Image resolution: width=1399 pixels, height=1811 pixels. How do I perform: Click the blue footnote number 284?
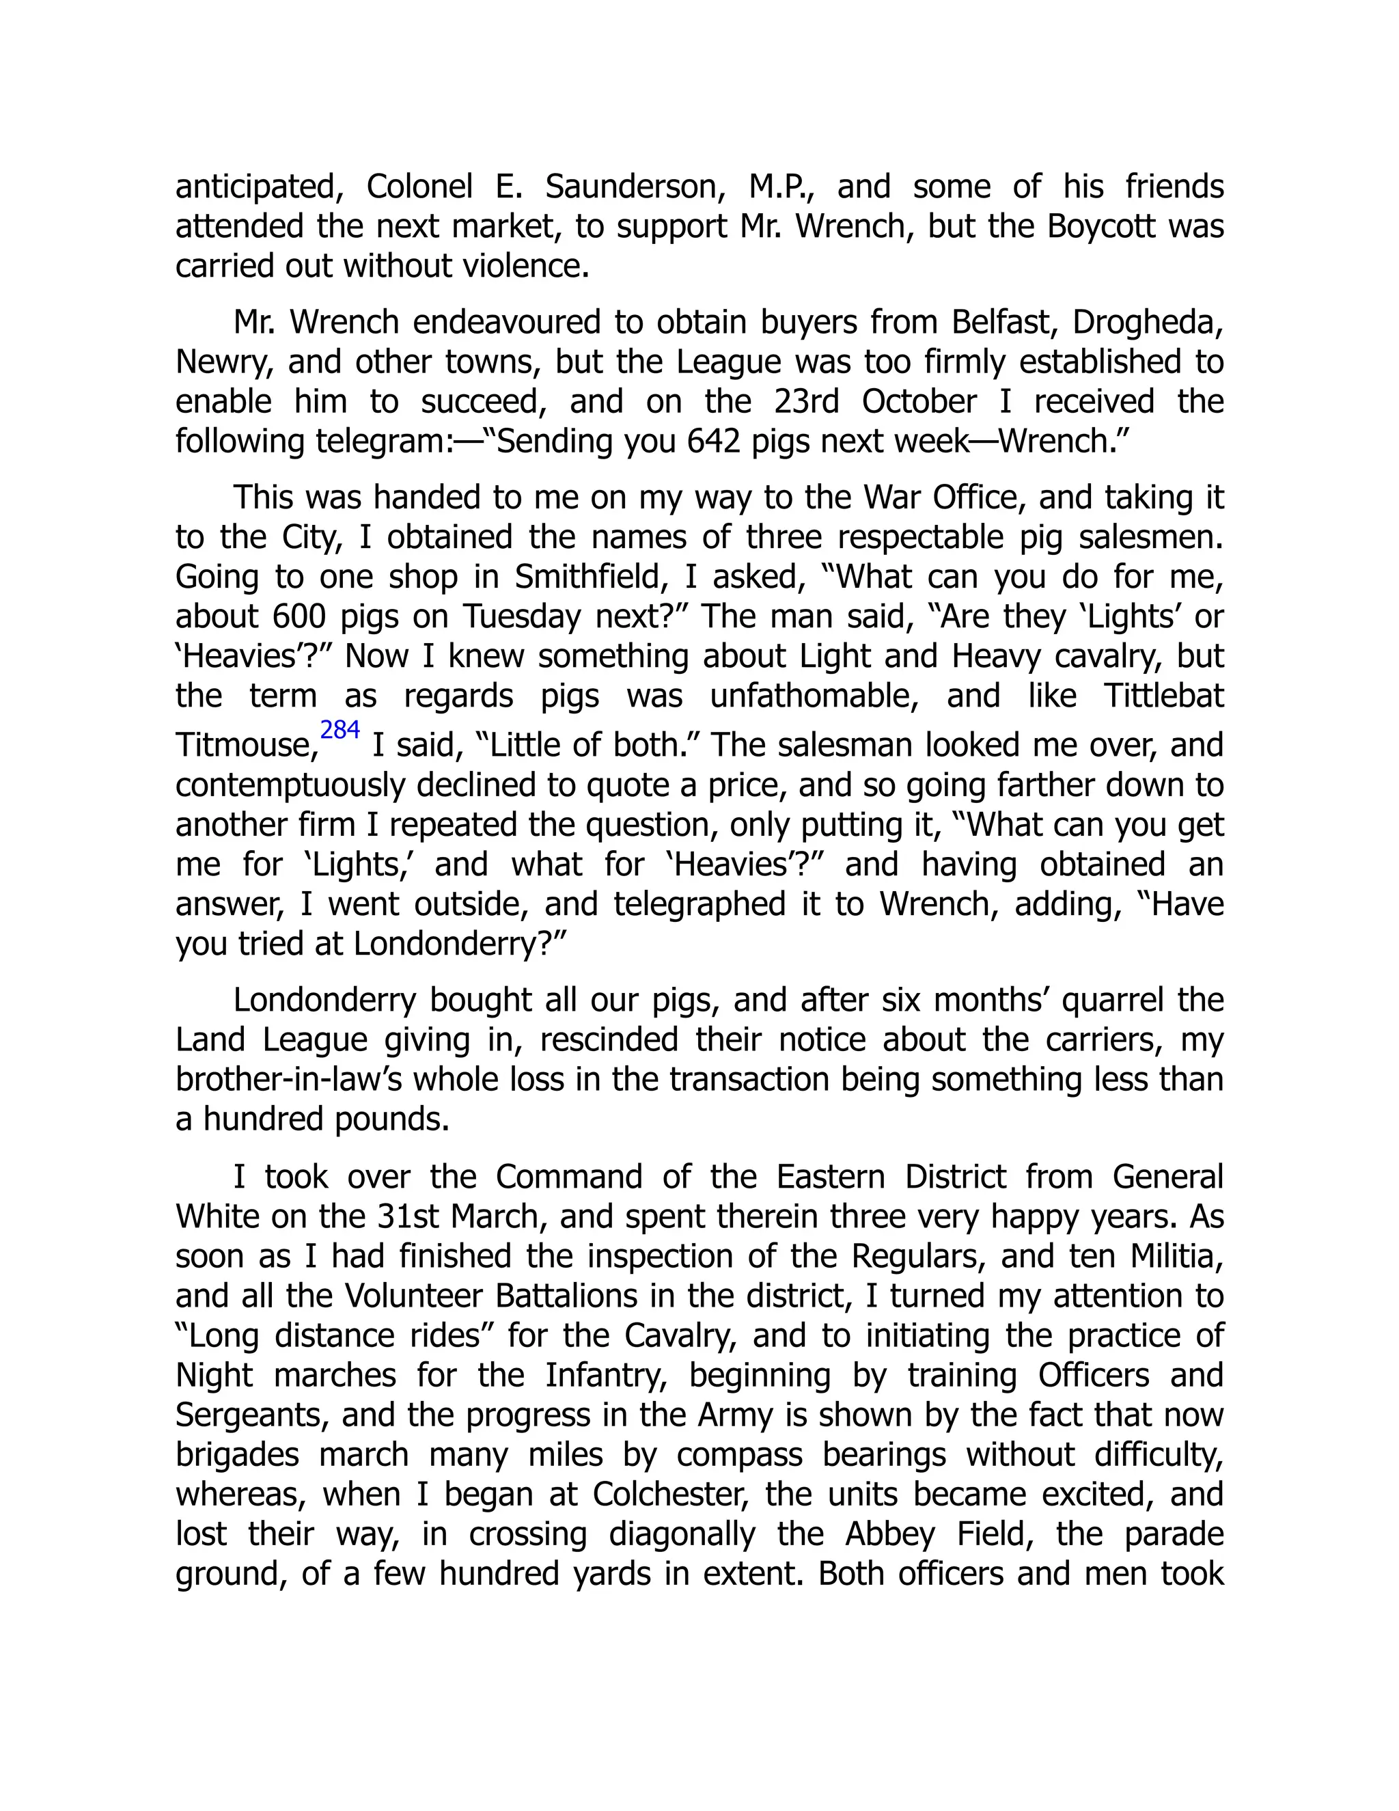click(340, 731)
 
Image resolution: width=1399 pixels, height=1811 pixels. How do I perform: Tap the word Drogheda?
click(1147, 322)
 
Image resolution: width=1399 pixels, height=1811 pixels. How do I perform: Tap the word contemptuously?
click(292, 785)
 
